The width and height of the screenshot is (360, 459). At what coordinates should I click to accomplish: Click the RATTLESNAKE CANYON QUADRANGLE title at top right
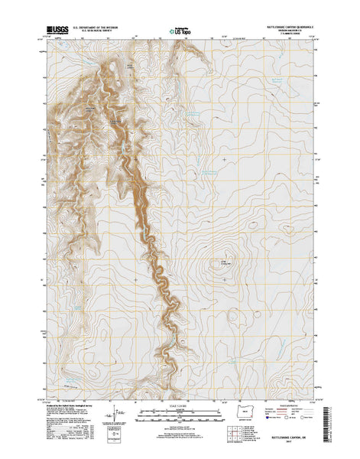pyautogui.click(x=286, y=25)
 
